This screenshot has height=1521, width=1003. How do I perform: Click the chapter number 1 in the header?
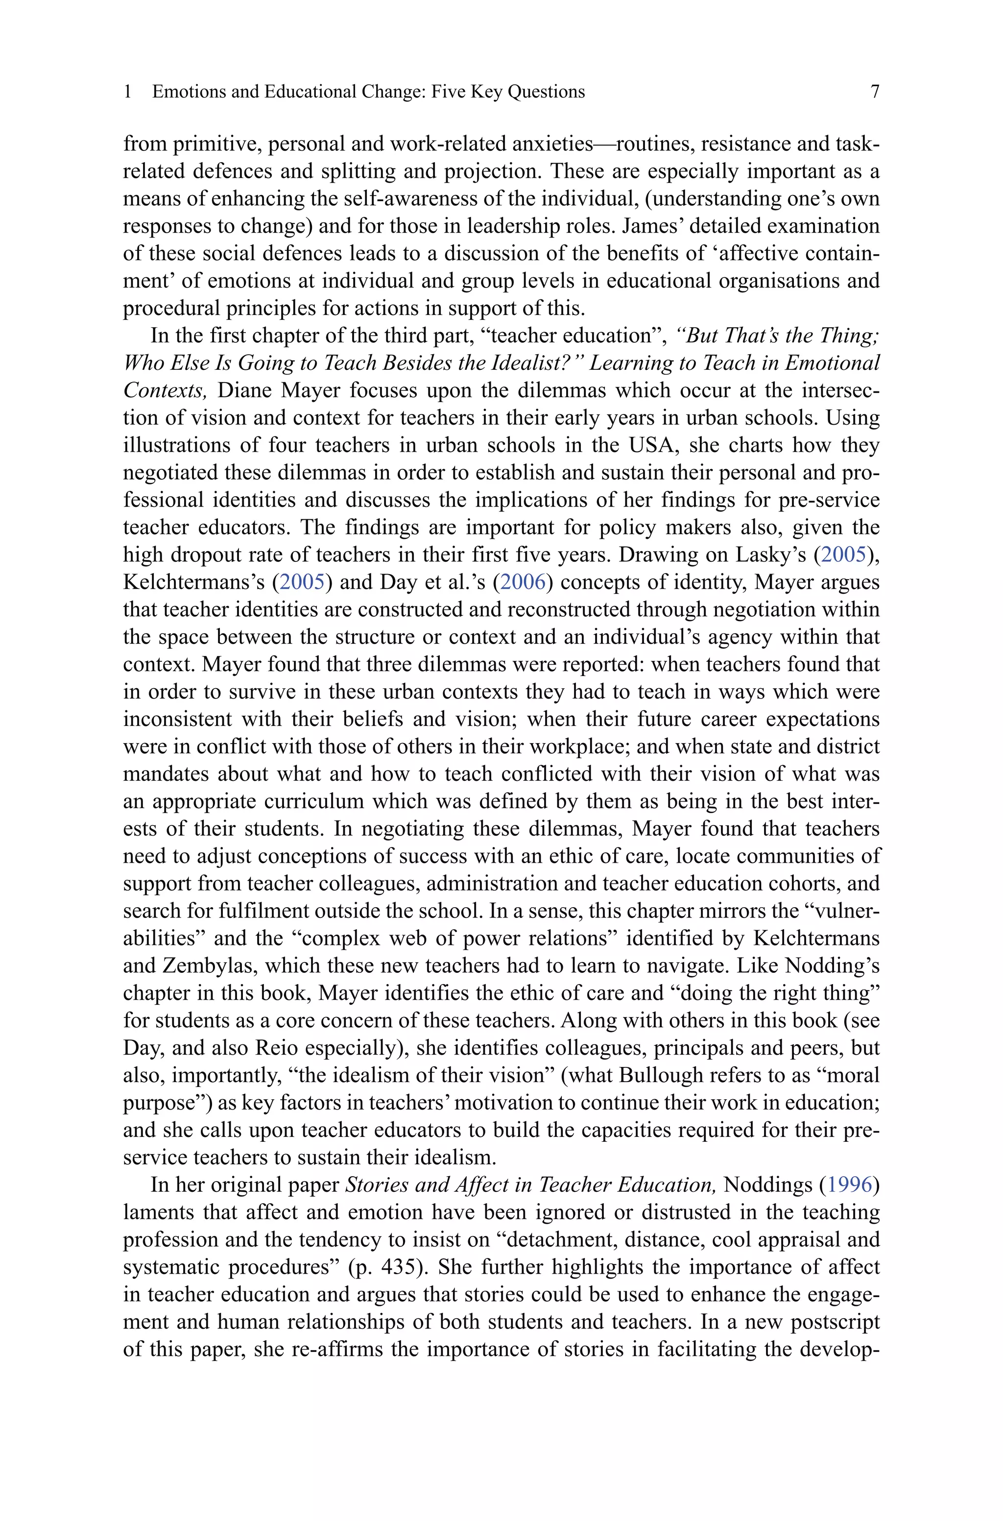(128, 92)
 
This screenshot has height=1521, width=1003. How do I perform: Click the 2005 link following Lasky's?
(843, 555)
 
